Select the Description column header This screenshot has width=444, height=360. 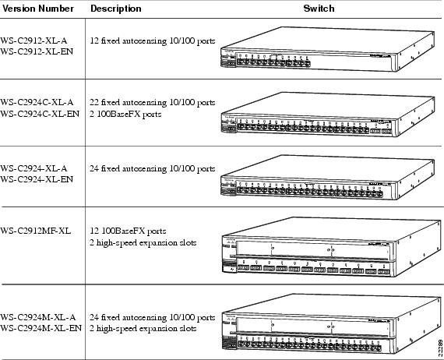tap(116, 9)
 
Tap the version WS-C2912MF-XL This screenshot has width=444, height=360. tap(36, 231)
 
